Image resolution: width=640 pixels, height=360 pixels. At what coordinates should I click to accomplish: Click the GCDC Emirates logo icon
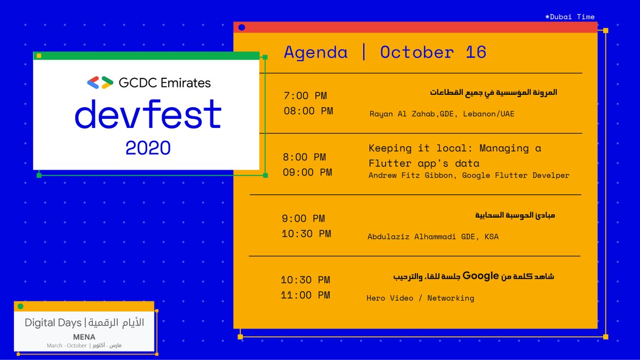100,83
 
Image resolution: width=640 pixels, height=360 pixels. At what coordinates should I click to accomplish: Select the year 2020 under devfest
148,148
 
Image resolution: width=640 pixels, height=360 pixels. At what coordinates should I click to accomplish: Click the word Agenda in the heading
315,52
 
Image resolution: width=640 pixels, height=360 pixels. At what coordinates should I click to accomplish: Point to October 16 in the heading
433,52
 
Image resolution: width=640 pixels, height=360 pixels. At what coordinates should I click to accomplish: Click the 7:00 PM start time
306,96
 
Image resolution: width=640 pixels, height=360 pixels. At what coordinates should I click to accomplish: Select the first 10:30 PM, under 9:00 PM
306,234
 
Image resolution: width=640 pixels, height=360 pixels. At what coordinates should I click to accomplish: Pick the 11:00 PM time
306,295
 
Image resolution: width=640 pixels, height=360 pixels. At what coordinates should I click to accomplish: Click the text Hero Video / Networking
420,298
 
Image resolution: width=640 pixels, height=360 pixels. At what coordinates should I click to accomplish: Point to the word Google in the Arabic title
480,276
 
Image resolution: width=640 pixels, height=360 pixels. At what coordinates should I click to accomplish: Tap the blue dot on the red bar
242,27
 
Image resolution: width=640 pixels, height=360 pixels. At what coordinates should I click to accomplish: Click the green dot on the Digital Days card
21,306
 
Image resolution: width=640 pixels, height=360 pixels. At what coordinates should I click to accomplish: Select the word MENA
84,337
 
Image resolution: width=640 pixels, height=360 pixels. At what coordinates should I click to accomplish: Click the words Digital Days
53,323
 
